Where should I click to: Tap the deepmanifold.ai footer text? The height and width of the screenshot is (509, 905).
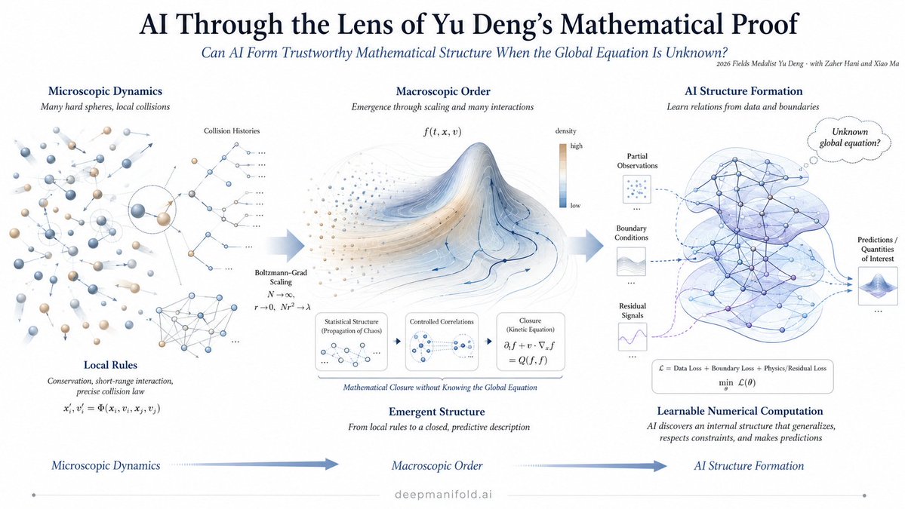[443, 494]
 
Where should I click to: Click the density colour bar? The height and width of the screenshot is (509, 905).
[563, 175]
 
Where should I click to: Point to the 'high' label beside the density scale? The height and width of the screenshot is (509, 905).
[576, 146]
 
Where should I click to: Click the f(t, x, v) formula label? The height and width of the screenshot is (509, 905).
[442, 132]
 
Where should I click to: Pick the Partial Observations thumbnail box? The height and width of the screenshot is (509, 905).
[636, 189]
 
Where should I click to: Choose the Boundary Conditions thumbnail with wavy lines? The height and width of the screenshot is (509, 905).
[631, 262]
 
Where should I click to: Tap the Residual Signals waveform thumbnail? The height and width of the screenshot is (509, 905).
[632, 336]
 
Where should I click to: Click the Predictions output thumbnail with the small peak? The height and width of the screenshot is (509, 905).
[877, 286]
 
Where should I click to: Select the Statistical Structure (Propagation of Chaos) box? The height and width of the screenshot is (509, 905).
[351, 342]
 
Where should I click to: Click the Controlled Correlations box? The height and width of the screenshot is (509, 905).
[442, 342]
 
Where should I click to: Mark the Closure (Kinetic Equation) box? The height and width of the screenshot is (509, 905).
[531, 342]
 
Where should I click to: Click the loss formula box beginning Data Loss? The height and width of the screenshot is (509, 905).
[742, 376]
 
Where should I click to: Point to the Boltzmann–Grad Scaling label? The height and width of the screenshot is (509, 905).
[281, 277]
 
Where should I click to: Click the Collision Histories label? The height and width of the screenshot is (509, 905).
[232, 131]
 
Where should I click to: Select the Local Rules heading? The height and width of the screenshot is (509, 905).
[110, 365]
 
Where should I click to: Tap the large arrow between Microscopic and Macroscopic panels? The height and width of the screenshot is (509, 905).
[286, 246]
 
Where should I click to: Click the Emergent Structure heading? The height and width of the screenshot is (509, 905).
[436, 412]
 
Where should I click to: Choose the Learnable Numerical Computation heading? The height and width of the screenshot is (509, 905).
[740, 411]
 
